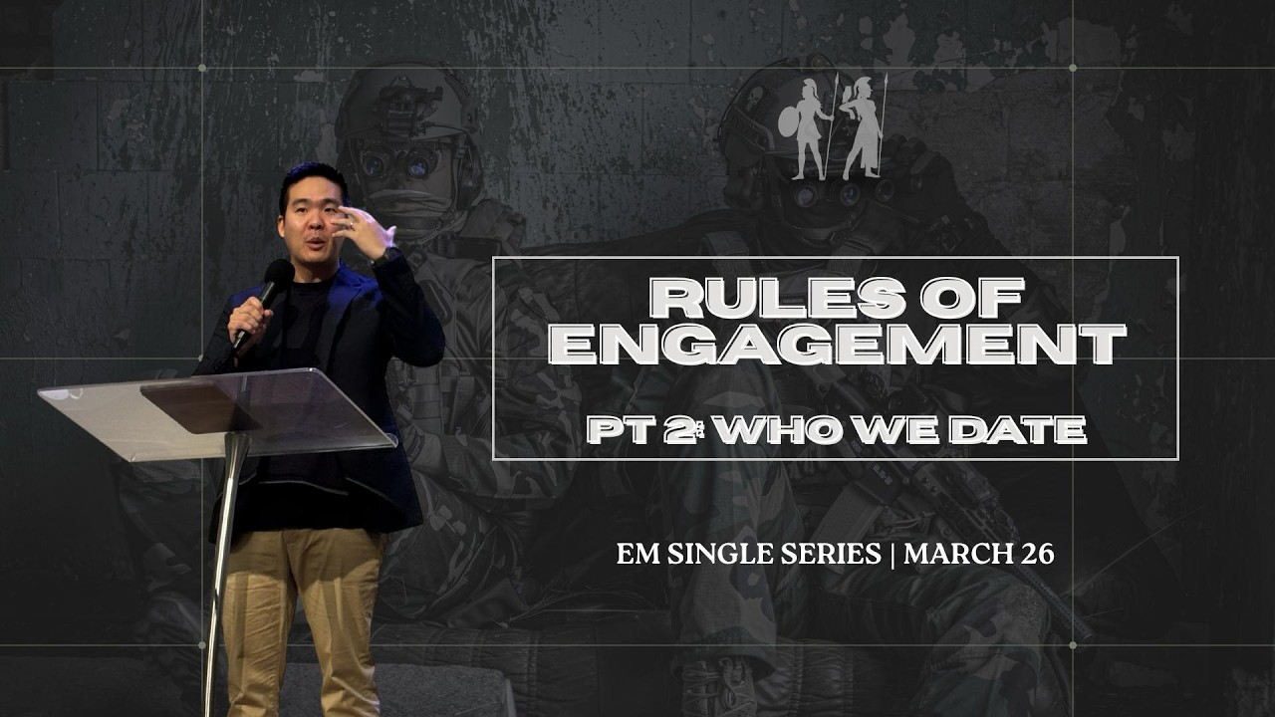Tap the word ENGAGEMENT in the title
click(x=837, y=344)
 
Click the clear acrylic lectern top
click(x=219, y=410)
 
